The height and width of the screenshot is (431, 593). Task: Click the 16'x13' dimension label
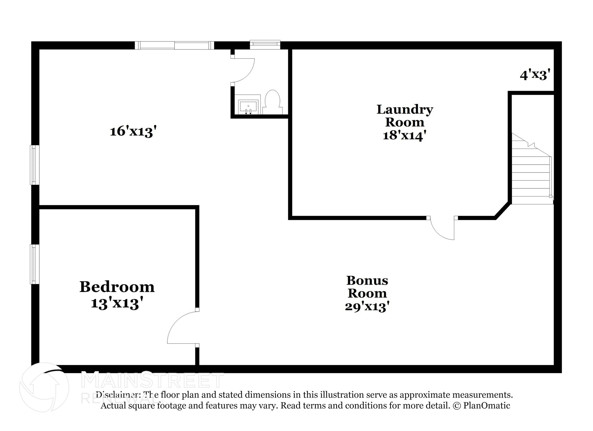point(133,132)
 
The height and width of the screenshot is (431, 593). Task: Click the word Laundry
point(405,109)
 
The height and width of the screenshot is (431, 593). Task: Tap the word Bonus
point(367,280)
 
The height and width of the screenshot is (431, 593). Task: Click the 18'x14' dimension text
point(405,135)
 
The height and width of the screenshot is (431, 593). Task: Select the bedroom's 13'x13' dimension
point(117,304)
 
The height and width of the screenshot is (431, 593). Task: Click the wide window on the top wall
point(174,45)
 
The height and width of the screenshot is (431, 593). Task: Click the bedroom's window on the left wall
point(34,264)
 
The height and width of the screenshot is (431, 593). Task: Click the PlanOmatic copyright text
point(481,406)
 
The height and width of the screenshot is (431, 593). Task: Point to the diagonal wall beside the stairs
point(502,210)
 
